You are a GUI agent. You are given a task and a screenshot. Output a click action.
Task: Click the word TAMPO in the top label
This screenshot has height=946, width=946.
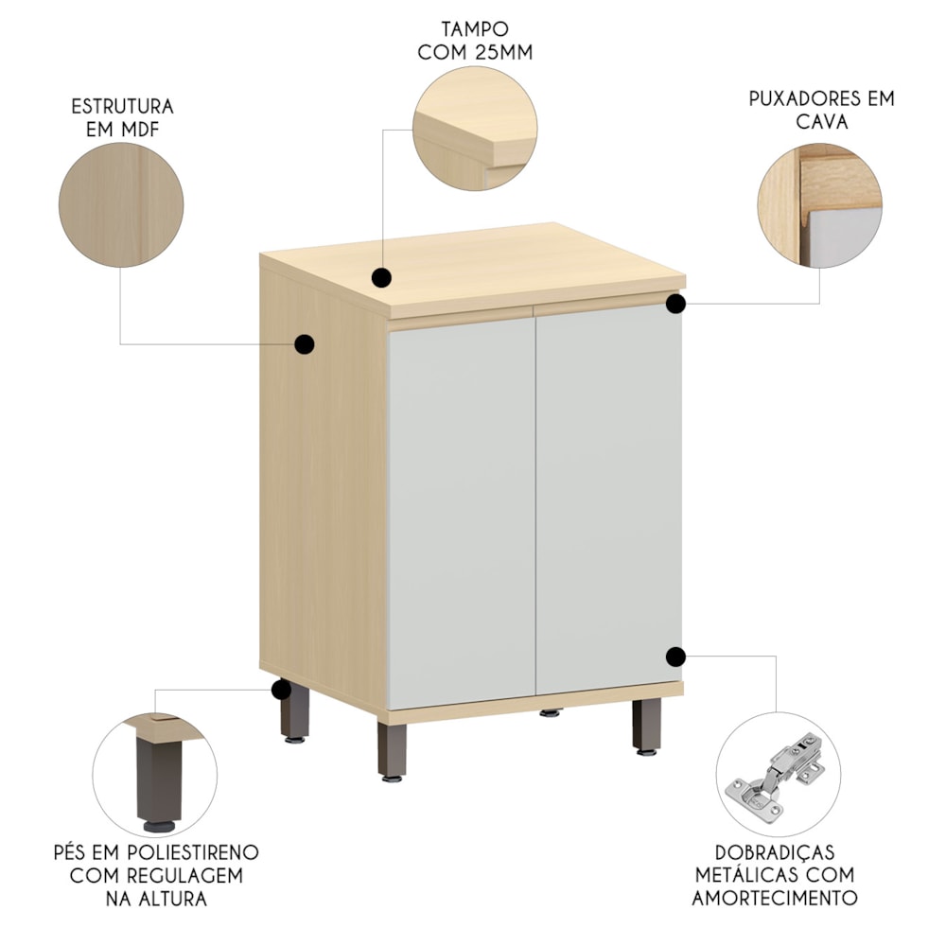click(x=475, y=29)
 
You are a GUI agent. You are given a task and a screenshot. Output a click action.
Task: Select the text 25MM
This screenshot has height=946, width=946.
click(x=504, y=52)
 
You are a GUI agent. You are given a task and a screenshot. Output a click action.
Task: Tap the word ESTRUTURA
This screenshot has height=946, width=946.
click(x=122, y=107)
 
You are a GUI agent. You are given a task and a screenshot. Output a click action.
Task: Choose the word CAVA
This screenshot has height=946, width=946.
click(x=822, y=122)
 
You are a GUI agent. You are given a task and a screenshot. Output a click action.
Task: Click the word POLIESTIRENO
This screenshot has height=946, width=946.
click(x=193, y=852)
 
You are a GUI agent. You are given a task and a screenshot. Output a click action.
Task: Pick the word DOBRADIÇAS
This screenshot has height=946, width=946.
click(x=775, y=852)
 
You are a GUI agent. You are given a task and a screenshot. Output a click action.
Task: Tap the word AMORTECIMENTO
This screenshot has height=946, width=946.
click(x=775, y=898)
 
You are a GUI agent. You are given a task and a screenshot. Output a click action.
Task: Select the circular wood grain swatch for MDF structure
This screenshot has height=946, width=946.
click(x=121, y=205)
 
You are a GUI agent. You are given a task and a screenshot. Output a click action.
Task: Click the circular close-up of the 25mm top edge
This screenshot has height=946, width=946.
click(x=475, y=129)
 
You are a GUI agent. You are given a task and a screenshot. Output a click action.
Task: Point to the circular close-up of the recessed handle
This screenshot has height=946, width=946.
click(x=820, y=205)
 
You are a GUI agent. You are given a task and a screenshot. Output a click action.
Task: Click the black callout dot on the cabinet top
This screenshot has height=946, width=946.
click(x=382, y=278)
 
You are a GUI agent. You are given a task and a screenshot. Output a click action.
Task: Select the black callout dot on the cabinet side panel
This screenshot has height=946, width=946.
click(x=305, y=344)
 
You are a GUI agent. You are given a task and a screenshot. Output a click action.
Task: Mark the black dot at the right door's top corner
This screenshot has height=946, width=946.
click(x=676, y=304)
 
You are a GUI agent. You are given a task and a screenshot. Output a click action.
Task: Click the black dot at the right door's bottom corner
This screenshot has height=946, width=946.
click(x=676, y=657)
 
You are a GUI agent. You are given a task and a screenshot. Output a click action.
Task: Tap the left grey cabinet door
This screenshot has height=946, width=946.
click(x=462, y=513)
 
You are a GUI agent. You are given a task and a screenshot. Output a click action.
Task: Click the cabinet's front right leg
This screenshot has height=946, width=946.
click(x=647, y=726)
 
